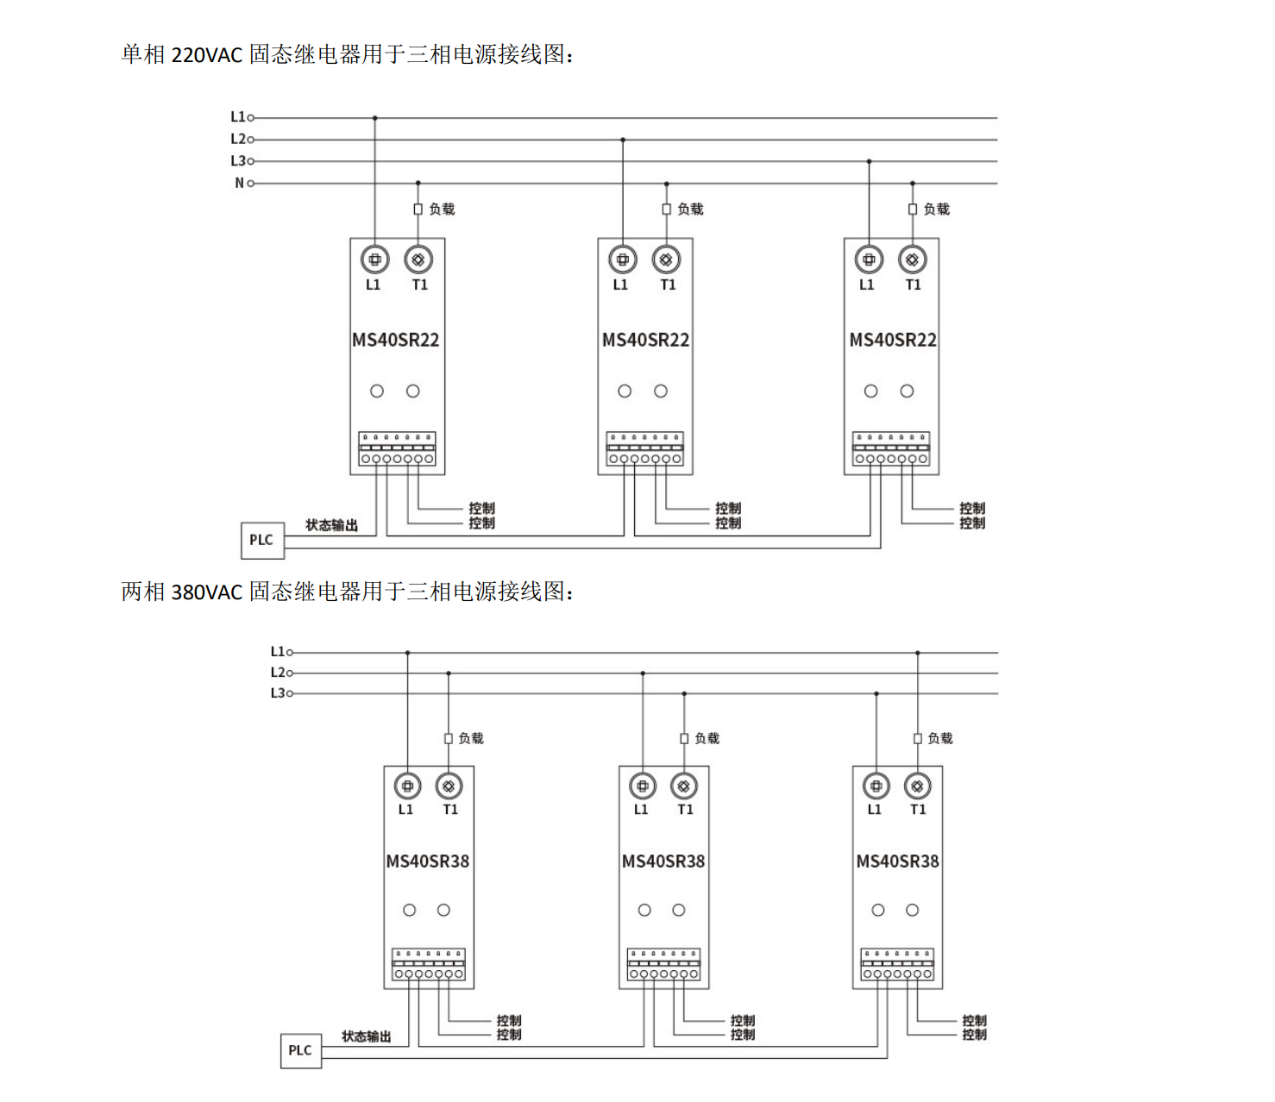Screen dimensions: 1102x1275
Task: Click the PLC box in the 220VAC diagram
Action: pos(261,540)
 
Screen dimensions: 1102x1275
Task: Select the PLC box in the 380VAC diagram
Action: pos(300,1050)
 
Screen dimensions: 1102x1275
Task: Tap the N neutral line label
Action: pos(239,183)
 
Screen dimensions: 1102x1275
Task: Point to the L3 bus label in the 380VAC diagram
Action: pos(277,693)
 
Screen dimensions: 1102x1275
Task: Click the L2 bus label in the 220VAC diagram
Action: pos(238,139)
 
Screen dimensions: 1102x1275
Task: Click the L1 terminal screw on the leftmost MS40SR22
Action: pos(374,259)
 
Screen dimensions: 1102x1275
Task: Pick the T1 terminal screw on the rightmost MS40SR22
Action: pos(913,259)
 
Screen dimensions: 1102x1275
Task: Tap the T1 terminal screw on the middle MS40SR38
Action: pos(684,786)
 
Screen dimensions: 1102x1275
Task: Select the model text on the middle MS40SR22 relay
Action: pos(645,340)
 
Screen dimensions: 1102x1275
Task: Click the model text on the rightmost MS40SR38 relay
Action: pos(897,861)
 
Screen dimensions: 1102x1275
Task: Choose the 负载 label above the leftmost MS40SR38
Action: pos(471,738)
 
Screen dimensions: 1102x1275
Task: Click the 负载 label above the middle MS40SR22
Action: pos(690,209)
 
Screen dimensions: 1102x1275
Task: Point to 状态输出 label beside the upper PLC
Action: pos(331,525)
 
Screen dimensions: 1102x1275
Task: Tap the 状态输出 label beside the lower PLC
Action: pos(366,1036)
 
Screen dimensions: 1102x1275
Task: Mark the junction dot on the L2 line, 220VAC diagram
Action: pos(623,140)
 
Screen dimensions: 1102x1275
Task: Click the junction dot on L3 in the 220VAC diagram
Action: pos(869,161)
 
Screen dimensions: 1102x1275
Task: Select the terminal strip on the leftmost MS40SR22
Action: pos(397,449)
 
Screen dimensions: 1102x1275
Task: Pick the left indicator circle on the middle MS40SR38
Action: pos(644,910)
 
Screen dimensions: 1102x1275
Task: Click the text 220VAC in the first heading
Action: pos(207,55)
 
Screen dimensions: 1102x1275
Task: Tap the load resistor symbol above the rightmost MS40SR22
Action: pos(913,210)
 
